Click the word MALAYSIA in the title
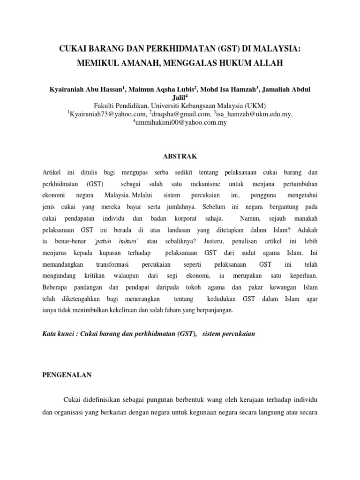coord(275,49)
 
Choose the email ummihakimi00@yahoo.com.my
coord(181,123)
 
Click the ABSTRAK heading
coord(180,156)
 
